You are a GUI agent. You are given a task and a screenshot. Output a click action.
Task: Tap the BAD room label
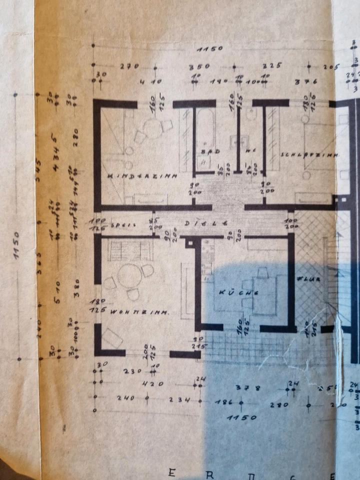[x=206, y=150]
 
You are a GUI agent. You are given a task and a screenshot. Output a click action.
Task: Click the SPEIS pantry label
[x=123, y=224]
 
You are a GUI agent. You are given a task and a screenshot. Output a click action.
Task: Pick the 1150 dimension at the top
[x=209, y=49]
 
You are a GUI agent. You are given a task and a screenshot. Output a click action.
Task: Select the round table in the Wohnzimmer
[x=129, y=276]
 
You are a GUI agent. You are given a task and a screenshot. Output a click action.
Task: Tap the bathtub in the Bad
[x=205, y=129]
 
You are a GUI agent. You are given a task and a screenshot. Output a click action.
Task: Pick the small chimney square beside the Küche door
[x=189, y=242]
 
